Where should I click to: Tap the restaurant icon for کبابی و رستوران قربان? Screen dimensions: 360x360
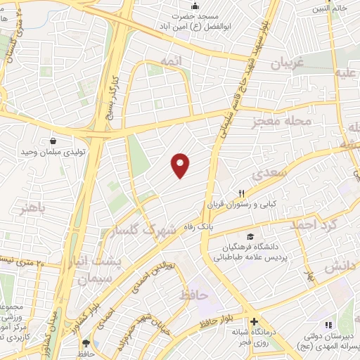[x=241, y=193]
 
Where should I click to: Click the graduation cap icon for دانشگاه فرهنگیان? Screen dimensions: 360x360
[x=249, y=237]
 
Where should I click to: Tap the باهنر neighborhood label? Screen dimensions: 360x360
[x=34, y=209]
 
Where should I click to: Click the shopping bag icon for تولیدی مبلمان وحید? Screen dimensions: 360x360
[x=54, y=141]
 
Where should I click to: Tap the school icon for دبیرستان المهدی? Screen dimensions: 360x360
[x=327, y=325]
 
